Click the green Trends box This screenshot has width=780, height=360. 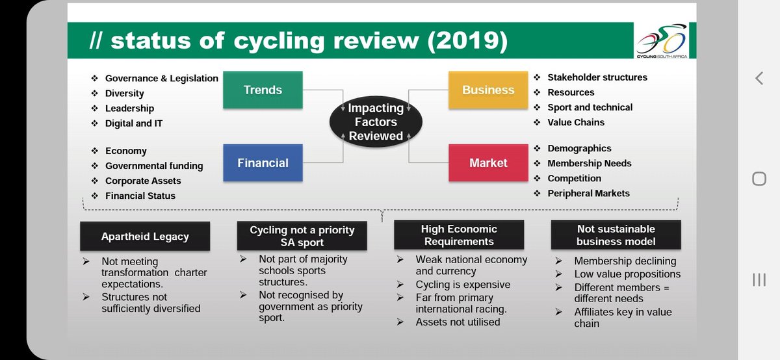pyautogui.click(x=263, y=90)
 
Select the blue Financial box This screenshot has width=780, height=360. pyautogui.click(x=263, y=162)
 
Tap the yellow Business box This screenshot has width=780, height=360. pyautogui.click(x=488, y=90)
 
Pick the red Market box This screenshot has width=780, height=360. pyautogui.click(x=488, y=162)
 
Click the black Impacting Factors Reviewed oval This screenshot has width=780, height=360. pyautogui.click(x=376, y=122)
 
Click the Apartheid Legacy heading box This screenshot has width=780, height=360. pyautogui.click(x=145, y=237)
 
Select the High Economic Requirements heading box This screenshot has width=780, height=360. pyautogui.click(x=459, y=235)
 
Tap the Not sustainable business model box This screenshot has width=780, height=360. pyautogui.click(x=616, y=235)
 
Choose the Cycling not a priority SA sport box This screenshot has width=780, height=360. pyautogui.click(x=302, y=237)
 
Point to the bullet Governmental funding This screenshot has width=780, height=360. pyautogui.click(x=154, y=166)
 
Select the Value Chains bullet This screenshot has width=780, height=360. pyautogui.click(x=576, y=122)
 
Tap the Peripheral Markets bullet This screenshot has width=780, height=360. pyautogui.click(x=588, y=193)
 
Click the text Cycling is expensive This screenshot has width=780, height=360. pyautogui.click(x=463, y=285)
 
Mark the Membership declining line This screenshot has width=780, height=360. pyautogui.click(x=625, y=261)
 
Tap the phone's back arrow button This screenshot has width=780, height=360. pyautogui.click(x=759, y=79)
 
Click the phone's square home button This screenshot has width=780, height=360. pyautogui.click(x=759, y=179)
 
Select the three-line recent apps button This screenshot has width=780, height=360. pyautogui.click(x=759, y=279)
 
